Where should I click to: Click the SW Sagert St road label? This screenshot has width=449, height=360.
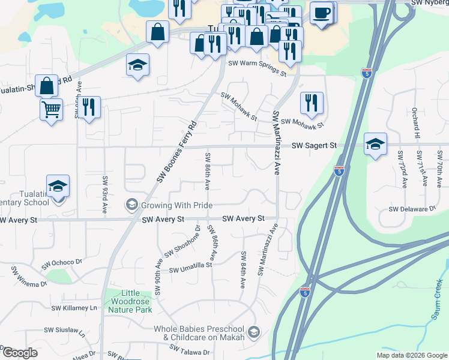pos(315,145)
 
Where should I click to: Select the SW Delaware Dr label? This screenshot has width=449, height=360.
pos(412,209)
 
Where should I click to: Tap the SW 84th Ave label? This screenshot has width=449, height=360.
pos(243,271)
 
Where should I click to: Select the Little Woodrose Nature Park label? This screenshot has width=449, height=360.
pos(130,302)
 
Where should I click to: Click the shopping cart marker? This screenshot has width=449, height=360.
pos(51,109)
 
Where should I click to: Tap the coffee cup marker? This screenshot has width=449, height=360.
pos(322,13)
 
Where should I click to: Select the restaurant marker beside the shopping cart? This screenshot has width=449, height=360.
pos(89,107)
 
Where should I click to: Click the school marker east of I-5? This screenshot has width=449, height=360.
pos(375,144)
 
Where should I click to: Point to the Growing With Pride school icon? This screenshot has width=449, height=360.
pos(131,205)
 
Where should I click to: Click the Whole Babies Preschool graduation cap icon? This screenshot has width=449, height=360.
pos(254,332)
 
